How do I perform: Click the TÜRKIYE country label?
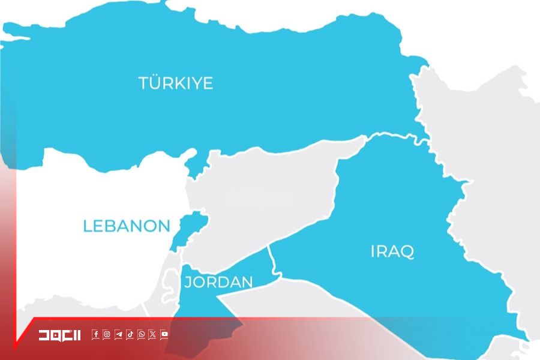pyautogui.click(x=176, y=83)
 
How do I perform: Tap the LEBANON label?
pyautogui.click(x=127, y=226)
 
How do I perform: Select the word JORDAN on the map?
pyautogui.click(x=218, y=282)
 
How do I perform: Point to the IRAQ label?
pyautogui.click(x=392, y=251)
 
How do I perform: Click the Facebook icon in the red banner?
pyautogui.click(x=95, y=335)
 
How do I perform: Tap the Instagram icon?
pyautogui.click(x=107, y=335)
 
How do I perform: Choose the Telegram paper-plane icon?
pyautogui.click(x=118, y=335)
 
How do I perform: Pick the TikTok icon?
pyautogui.click(x=130, y=335)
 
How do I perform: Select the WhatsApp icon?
pyautogui.click(x=141, y=335)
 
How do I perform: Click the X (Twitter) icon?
pyautogui.click(x=152, y=335)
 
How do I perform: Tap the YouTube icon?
pyautogui.click(x=164, y=335)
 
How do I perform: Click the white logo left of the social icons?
pyautogui.click(x=59, y=335)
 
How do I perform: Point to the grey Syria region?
pyautogui.click(x=264, y=198)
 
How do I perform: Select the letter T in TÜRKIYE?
pyautogui.click(x=144, y=83)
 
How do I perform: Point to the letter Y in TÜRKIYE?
pyautogui.click(x=195, y=83)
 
